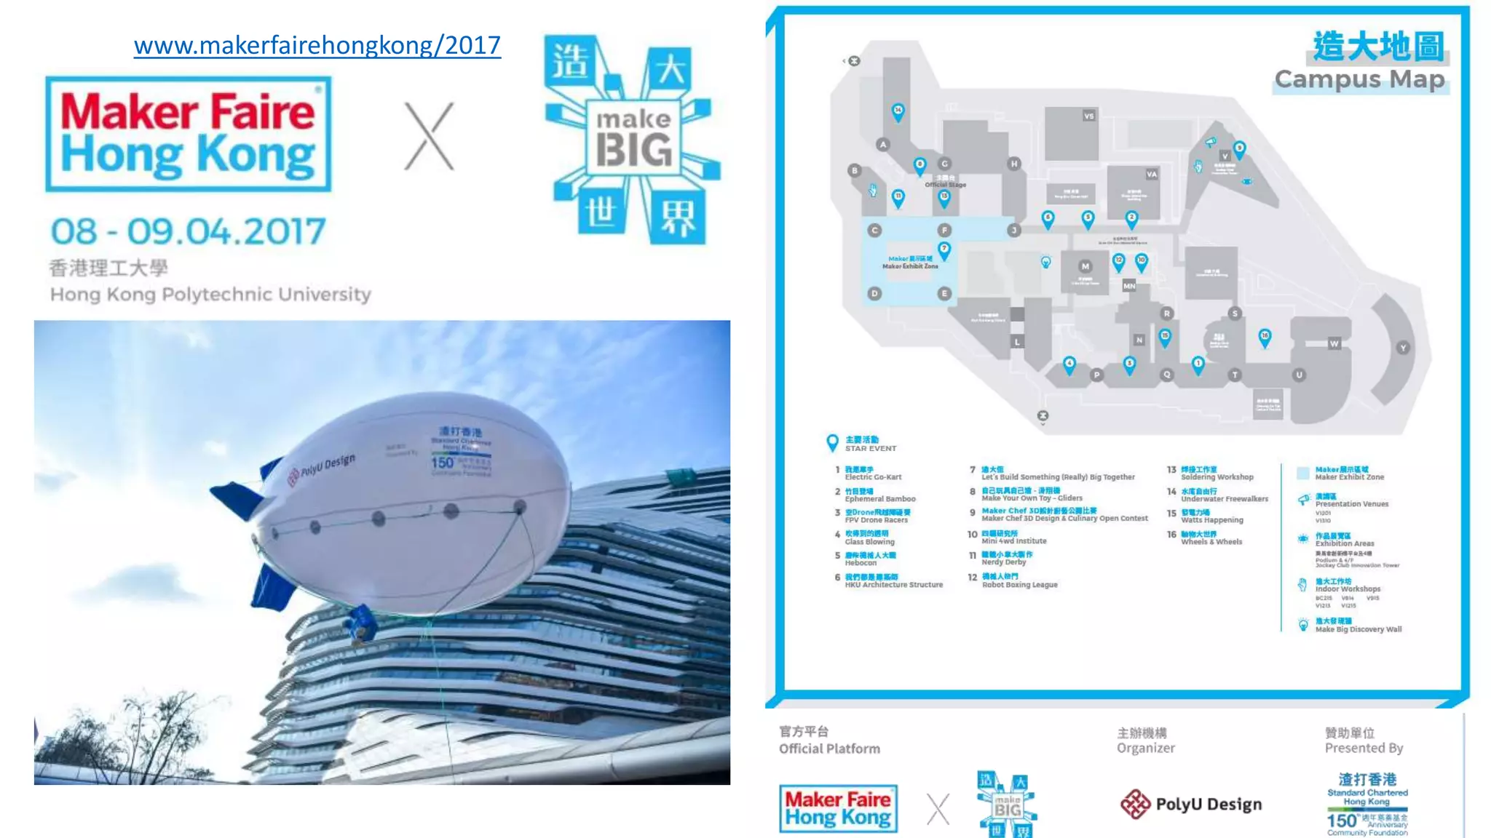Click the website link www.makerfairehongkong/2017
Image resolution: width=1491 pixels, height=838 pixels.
tap(317, 46)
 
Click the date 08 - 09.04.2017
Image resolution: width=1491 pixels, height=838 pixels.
tap(188, 232)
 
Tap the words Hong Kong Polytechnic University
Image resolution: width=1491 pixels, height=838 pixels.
tap(210, 295)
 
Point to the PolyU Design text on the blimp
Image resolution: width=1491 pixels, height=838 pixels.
tap(328, 466)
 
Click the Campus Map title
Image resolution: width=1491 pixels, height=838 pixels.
tap(1359, 79)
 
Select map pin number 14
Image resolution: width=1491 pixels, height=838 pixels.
tap(898, 111)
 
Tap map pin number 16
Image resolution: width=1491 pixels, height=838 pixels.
tap(1265, 337)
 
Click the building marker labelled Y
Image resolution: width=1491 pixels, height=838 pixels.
tap(1403, 348)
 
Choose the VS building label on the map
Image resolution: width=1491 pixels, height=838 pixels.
tap(1088, 116)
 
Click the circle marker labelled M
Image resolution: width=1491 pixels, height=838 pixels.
tap(1085, 266)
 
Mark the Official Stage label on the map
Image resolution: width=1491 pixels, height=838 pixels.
tap(945, 185)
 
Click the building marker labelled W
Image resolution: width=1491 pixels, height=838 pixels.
tap(1334, 343)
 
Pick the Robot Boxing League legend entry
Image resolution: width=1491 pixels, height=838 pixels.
tap(1019, 580)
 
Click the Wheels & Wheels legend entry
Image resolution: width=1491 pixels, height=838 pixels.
tap(1211, 538)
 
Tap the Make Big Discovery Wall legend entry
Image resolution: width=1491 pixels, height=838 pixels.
tap(1357, 626)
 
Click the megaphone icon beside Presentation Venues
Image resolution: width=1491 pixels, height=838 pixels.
tap(1303, 500)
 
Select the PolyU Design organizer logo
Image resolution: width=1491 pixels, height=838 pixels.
tap(1191, 804)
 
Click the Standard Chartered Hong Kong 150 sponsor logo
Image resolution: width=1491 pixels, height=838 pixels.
tap(1367, 804)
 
